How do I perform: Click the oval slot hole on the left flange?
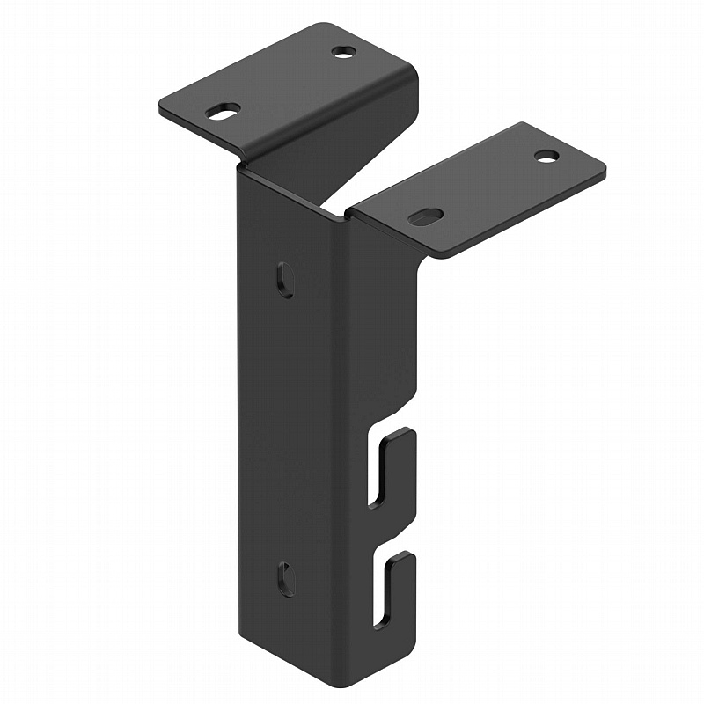pyautogui.click(x=223, y=111)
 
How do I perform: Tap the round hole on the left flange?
pyautogui.click(x=344, y=52)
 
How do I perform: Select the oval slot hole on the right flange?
pyautogui.click(x=425, y=216)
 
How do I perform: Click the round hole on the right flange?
pyautogui.click(x=546, y=156)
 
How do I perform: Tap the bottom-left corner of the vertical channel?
pyautogui.click(x=239, y=631)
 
